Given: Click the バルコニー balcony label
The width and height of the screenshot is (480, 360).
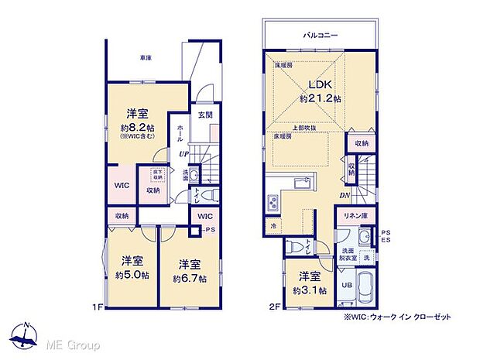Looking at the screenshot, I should point(319,35).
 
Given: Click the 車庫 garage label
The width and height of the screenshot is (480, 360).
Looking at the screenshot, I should point(145,57).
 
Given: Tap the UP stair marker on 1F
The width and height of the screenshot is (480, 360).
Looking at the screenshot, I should point(184,154).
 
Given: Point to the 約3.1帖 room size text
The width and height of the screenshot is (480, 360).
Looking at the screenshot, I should point(310,290).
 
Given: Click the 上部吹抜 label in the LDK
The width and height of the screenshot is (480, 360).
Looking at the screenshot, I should point(304,129).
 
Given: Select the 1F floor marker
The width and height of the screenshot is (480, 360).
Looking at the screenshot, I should point(99,307).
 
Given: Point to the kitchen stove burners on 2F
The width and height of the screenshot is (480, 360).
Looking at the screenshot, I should point(275,204).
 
